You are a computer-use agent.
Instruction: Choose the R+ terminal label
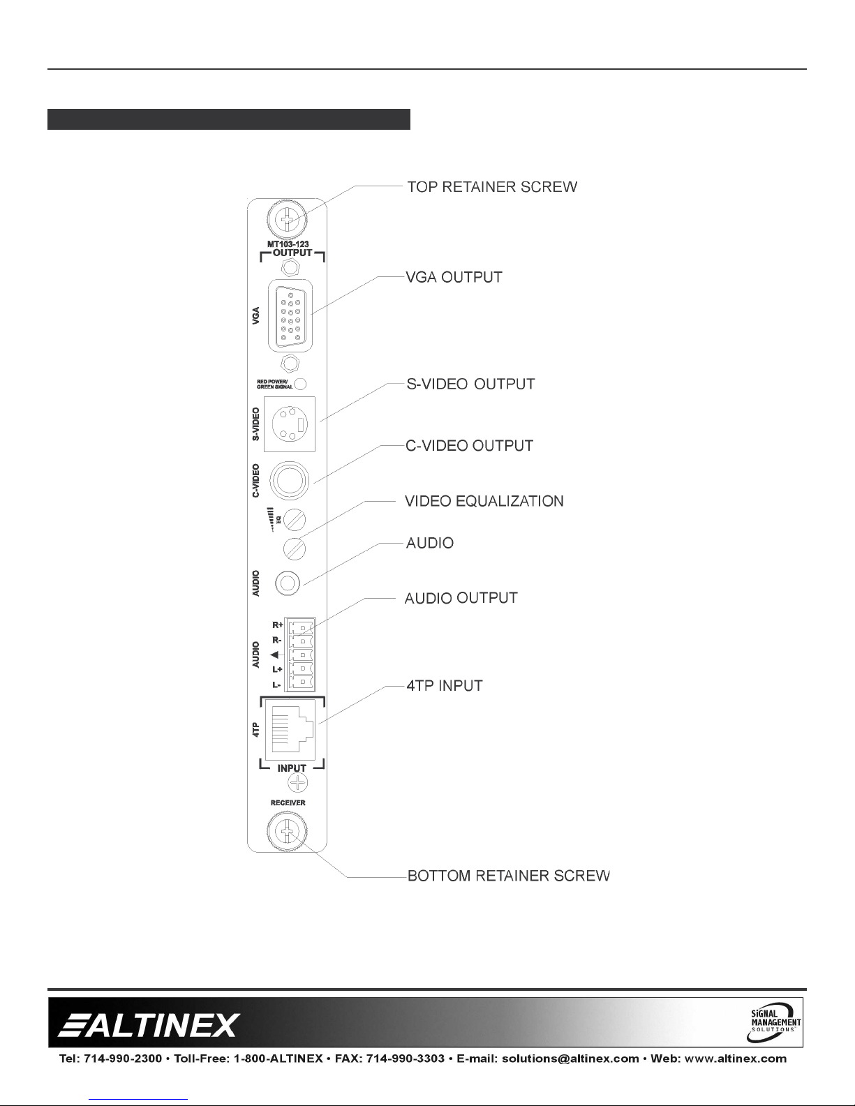[277, 625]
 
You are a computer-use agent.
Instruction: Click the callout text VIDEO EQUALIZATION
[484, 501]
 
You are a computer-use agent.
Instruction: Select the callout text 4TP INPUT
[445, 685]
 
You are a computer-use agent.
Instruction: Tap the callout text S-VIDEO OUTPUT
[470, 384]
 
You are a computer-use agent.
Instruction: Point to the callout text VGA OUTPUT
[454, 277]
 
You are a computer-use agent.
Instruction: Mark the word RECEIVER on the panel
[288, 802]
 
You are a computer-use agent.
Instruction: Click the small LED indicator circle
[300, 383]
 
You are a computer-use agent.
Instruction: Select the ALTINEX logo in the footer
[149, 1025]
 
